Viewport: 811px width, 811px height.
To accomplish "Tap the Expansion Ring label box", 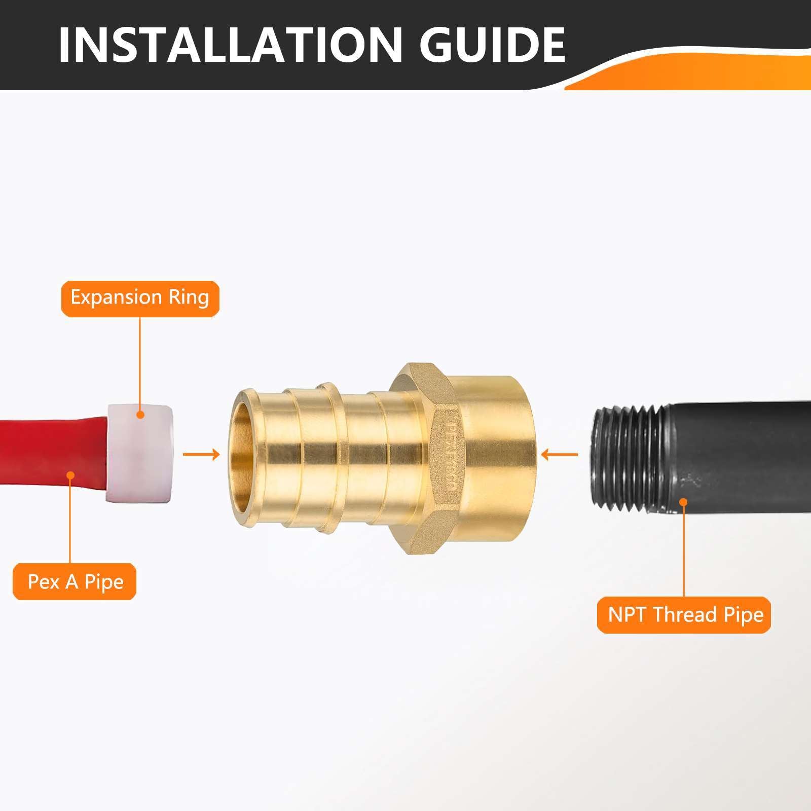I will click(140, 298).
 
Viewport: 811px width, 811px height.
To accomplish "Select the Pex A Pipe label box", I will click(75, 581).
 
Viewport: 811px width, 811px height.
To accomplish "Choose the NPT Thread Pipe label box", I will click(685, 615).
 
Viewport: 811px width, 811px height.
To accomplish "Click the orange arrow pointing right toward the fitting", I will click(201, 454).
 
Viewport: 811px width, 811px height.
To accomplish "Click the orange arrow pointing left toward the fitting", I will click(559, 454).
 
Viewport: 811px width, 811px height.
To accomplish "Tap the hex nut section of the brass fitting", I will click(418, 456).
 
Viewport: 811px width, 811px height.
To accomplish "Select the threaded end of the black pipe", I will click(626, 454).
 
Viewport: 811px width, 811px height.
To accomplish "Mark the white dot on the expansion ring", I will click(140, 415).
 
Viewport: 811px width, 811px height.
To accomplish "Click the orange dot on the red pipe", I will click(71, 475).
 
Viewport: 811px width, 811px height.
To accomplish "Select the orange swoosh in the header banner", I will click(710, 71).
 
